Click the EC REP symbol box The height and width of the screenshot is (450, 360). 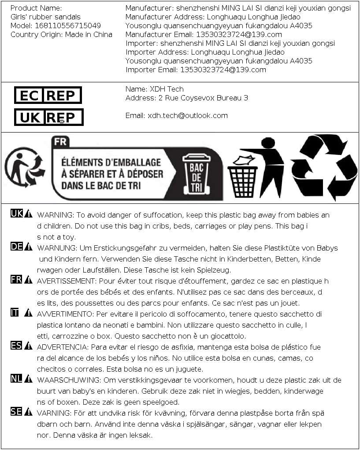pyautogui.click(x=48, y=95)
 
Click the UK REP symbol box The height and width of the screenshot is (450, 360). pyautogui.click(x=48, y=117)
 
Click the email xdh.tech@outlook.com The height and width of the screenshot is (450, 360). pyautogui.click(x=188, y=115)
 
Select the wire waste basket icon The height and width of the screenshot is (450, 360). pyautogui.click(x=242, y=181)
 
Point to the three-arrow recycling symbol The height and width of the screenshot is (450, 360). pyautogui.click(x=323, y=167)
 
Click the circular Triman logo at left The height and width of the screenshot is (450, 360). pyautogui.click(x=24, y=167)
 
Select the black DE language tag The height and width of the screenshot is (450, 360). pyautogui.click(x=16, y=247)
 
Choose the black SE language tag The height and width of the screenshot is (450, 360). pyautogui.click(x=16, y=412)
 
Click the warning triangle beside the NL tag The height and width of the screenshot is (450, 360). pyautogui.click(x=28, y=379)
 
